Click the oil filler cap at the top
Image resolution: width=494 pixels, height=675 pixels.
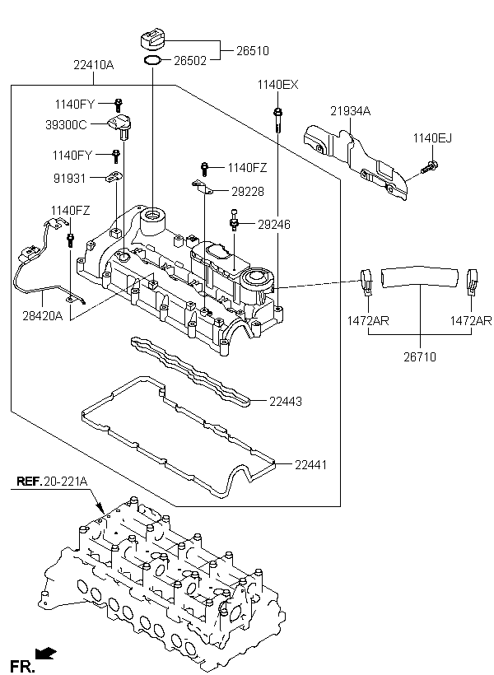coord(153,40)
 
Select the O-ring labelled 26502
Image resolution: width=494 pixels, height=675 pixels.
coord(152,61)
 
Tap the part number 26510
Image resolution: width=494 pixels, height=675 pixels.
coord(253,51)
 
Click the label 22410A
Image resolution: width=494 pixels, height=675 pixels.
coord(94,65)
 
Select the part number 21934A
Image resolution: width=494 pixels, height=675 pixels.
coord(350,111)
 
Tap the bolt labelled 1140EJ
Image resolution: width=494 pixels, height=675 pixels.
coord(430,166)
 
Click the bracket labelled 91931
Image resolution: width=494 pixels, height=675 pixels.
coord(114,177)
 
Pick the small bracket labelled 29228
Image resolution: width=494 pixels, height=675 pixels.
coord(202,187)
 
